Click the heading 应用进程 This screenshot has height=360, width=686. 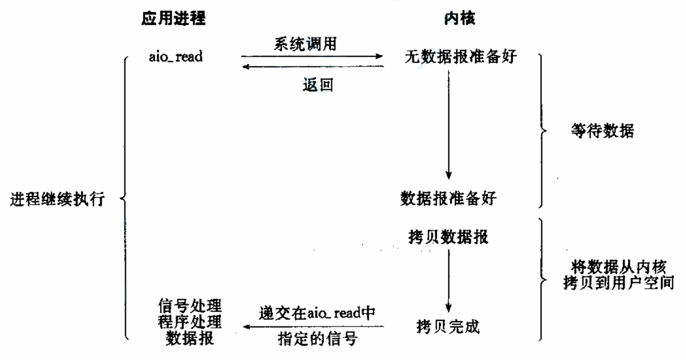(173, 19)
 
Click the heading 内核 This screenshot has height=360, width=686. (459, 19)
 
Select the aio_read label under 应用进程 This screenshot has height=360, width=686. (176, 57)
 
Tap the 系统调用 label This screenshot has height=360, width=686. (305, 44)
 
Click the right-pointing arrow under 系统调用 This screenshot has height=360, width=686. (312, 57)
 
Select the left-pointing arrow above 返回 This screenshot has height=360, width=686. (312, 67)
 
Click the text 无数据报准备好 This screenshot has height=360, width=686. (460, 57)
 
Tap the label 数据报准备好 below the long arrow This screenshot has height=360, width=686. (448, 198)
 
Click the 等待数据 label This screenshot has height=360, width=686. (602, 131)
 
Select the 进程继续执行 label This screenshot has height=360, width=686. (57, 198)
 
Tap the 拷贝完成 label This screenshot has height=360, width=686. (448, 327)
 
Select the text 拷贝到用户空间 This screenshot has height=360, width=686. (618, 283)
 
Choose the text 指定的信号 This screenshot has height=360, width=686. (318, 339)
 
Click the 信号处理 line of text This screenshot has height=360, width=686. (190, 305)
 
